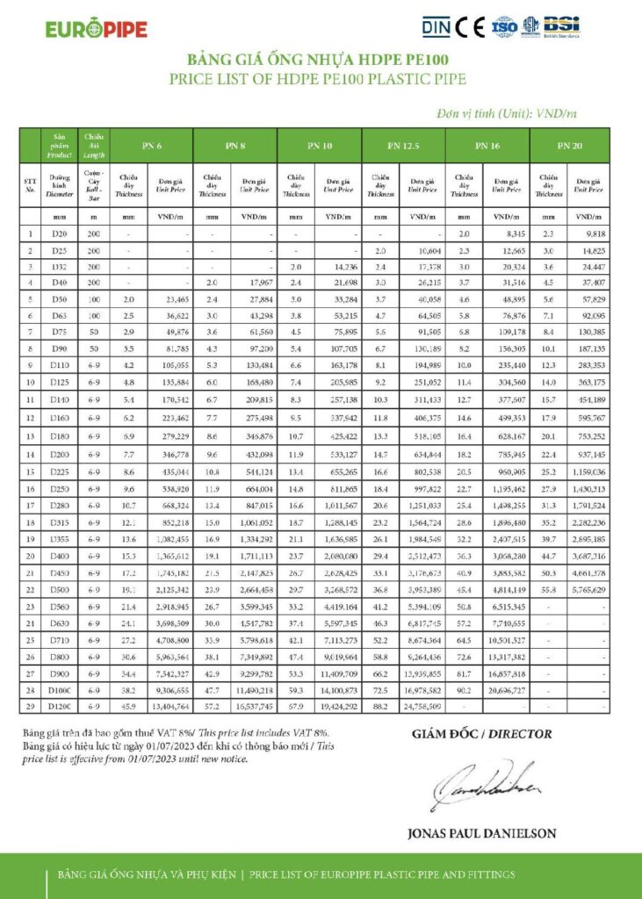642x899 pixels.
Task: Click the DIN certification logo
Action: click(x=436, y=27)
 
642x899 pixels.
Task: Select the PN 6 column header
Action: click(x=152, y=144)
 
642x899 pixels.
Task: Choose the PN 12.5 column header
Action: click(x=404, y=144)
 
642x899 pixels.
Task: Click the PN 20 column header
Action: click(x=570, y=144)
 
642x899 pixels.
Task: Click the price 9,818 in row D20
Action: click(x=591, y=234)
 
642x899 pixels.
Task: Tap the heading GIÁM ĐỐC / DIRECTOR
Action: click(x=481, y=733)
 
